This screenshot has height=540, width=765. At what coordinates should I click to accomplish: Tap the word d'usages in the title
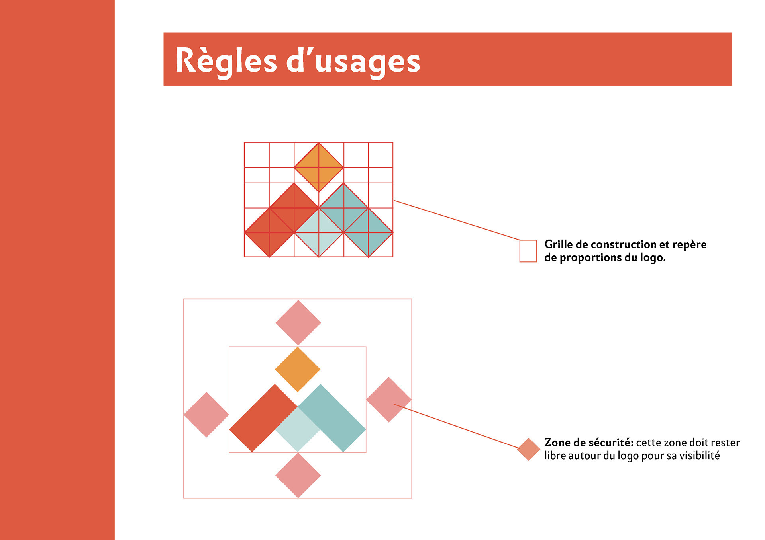[x=353, y=62]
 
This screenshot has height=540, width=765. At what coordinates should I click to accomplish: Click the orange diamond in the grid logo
[x=319, y=168]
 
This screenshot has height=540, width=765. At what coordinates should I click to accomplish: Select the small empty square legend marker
[x=528, y=251]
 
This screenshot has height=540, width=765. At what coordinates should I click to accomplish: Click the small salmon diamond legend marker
[x=528, y=449]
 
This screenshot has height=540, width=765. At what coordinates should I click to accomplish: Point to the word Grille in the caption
[x=559, y=244]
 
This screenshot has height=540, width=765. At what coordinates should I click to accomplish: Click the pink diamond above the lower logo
[x=298, y=323]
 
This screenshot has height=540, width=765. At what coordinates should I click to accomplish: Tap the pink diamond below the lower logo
[x=298, y=475]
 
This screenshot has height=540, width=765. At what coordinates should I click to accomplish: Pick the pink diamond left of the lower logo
[x=206, y=415]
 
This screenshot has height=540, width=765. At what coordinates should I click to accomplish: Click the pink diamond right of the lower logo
[x=388, y=400]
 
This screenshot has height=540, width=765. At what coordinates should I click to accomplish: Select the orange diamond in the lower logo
[x=298, y=369]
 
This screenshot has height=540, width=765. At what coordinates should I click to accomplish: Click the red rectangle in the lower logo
[x=263, y=418]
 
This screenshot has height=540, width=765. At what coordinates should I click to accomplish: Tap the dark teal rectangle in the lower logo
[x=332, y=418]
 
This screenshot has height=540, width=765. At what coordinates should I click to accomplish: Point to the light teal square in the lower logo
[x=298, y=430]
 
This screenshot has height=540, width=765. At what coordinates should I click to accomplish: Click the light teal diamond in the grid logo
[x=319, y=233]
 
